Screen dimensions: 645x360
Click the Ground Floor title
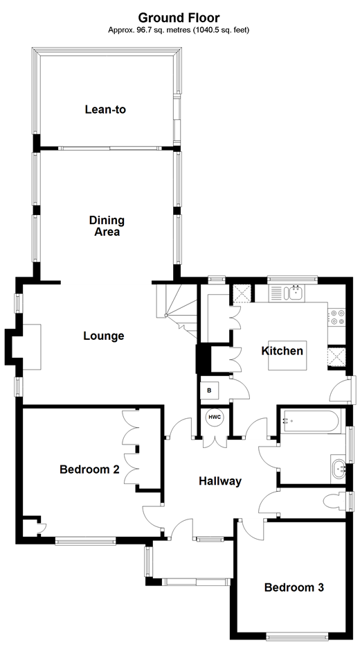point(179,17)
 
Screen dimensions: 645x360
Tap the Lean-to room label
point(105,109)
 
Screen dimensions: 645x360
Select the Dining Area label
point(107,226)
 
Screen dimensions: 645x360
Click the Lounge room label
point(104,336)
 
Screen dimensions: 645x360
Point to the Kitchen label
point(282,351)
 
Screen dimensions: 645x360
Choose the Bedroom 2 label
point(89,470)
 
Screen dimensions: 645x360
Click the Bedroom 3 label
point(294,587)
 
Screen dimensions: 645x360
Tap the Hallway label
point(220,481)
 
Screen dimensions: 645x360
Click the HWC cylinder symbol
point(214,418)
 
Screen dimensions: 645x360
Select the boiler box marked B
point(209,390)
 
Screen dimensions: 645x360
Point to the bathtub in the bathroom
point(309,420)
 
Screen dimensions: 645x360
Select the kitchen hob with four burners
point(337,317)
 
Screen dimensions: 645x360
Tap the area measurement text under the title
point(179,30)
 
